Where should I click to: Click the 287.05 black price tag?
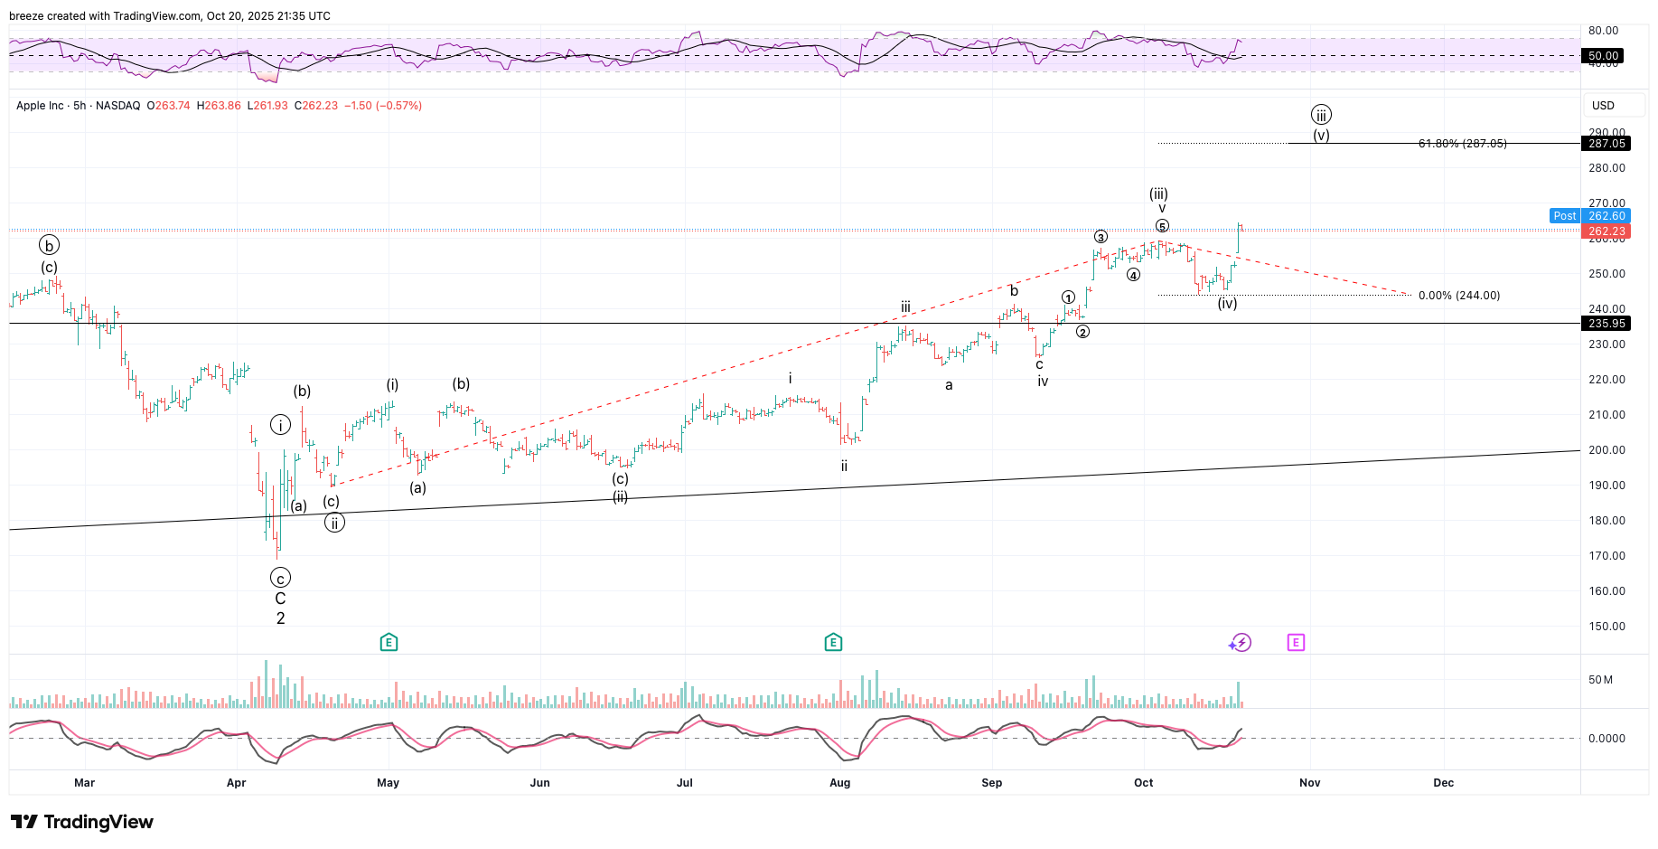pyautogui.click(x=1606, y=144)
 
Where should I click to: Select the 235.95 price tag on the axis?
pyautogui.click(x=1606, y=324)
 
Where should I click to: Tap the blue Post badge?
pyautogui.click(x=1564, y=216)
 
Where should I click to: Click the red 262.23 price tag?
pyautogui.click(x=1606, y=231)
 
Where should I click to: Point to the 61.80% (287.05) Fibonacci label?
pyautogui.click(x=1462, y=144)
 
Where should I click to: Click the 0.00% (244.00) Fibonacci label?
pyautogui.click(x=1458, y=296)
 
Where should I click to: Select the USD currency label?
pyautogui.click(x=1603, y=106)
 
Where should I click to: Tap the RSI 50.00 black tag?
pyautogui.click(x=1604, y=56)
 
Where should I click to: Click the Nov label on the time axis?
pyautogui.click(x=1309, y=783)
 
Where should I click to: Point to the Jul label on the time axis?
pyautogui.click(x=685, y=783)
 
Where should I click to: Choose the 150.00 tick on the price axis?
pyautogui.click(x=1606, y=627)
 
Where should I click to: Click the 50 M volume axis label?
pyautogui.click(x=1600, y=680)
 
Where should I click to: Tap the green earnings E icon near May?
pyautogui.click(x=389, y=643)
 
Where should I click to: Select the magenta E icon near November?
pyautogui.click(x=1296, y=643)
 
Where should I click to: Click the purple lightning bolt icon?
pyautogui.click(x=1241, y=643)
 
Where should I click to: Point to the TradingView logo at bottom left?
pyautogui.click(x=82, y=822)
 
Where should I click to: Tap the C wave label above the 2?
pyautogui.click(x=280, y=599)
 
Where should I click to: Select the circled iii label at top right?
pyautogui.click(x=1321, y=115)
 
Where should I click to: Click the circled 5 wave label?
pyautogui.click(x=1162, y=226)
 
